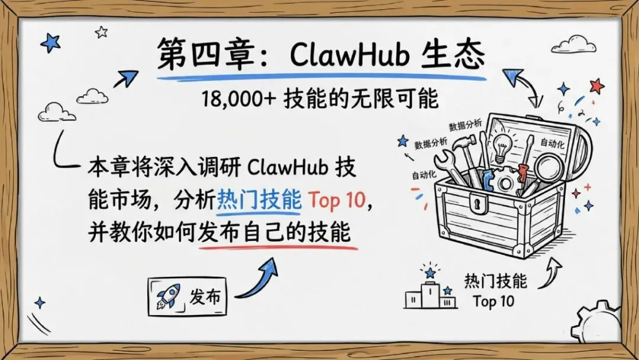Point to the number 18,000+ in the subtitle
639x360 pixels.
coord(234,99)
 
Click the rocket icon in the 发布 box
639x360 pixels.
coord(169,296)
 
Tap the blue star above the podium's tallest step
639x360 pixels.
coord(430,272)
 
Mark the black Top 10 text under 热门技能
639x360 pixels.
coord(493,301)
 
